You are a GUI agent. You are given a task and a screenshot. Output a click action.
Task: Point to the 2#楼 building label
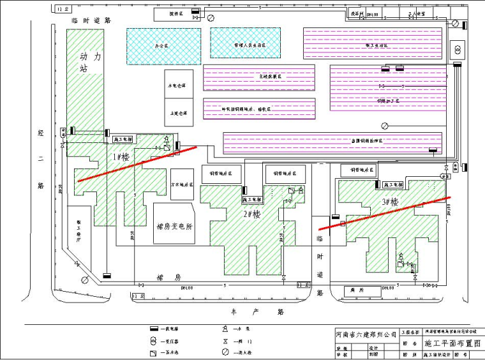pyautogui.click(x=251, y=214)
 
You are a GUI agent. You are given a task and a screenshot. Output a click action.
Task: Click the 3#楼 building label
pyautogui.click(x=390, y=202)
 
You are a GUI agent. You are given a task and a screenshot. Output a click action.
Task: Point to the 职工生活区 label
pyautogui.click(x=371, y=45)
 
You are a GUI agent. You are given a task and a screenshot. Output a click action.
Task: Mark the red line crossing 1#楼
pyautogui.click(x=137, y=163)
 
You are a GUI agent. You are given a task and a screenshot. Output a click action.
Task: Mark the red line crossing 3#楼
pyautogui.click(x=384, y=212)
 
